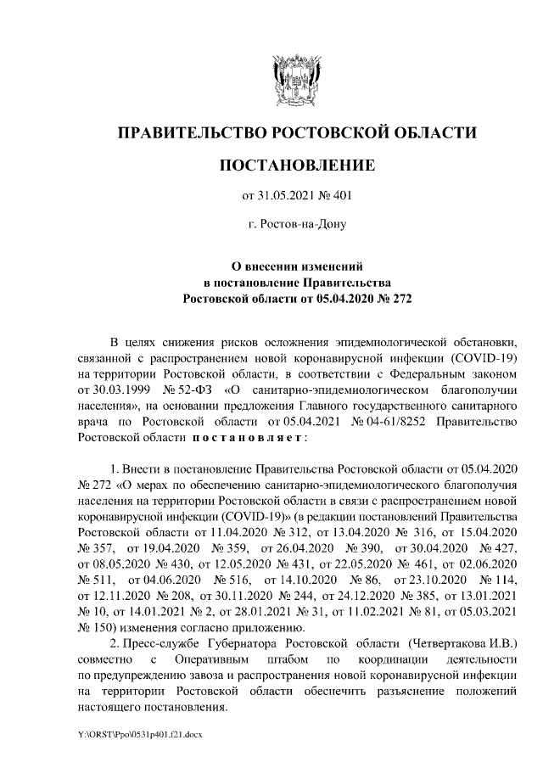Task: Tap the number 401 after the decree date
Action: tap(340, 197)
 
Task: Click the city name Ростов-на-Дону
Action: tap(296, 224)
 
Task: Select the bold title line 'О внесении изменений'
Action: tap(297, 266)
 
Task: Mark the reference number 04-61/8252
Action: tap(397, 422)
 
